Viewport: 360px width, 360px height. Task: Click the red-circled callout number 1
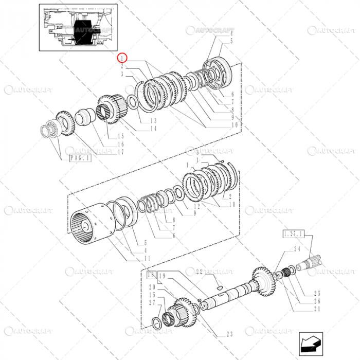[x=122, y=58]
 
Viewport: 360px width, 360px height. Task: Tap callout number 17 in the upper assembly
[x=121, y=152]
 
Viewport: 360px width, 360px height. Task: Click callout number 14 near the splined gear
[x=153, y=128]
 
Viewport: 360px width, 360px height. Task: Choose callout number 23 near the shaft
[x=229, y=334]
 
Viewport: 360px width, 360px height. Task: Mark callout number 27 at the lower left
[x=152, y=303]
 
